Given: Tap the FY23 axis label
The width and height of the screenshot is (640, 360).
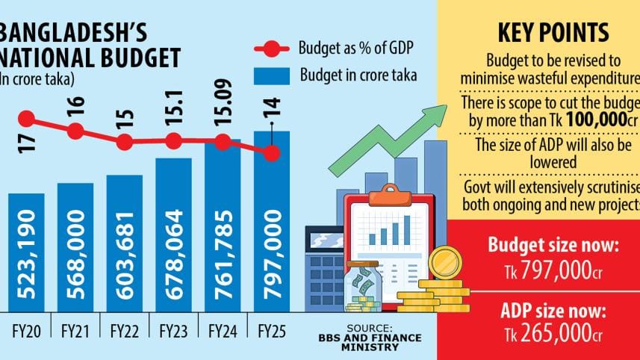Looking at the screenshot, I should click(x=173, y=329).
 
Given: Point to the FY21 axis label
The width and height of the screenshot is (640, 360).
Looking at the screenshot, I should click(x=75, y=329).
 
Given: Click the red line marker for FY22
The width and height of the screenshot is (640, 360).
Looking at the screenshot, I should click(x=125, y=141).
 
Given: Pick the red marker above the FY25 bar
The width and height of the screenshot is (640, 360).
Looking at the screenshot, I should click(x=272, y=152).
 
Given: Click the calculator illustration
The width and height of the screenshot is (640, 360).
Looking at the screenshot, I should click(x=323, y=269).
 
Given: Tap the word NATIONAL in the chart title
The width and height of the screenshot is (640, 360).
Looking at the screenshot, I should click(x=45, y=58).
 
